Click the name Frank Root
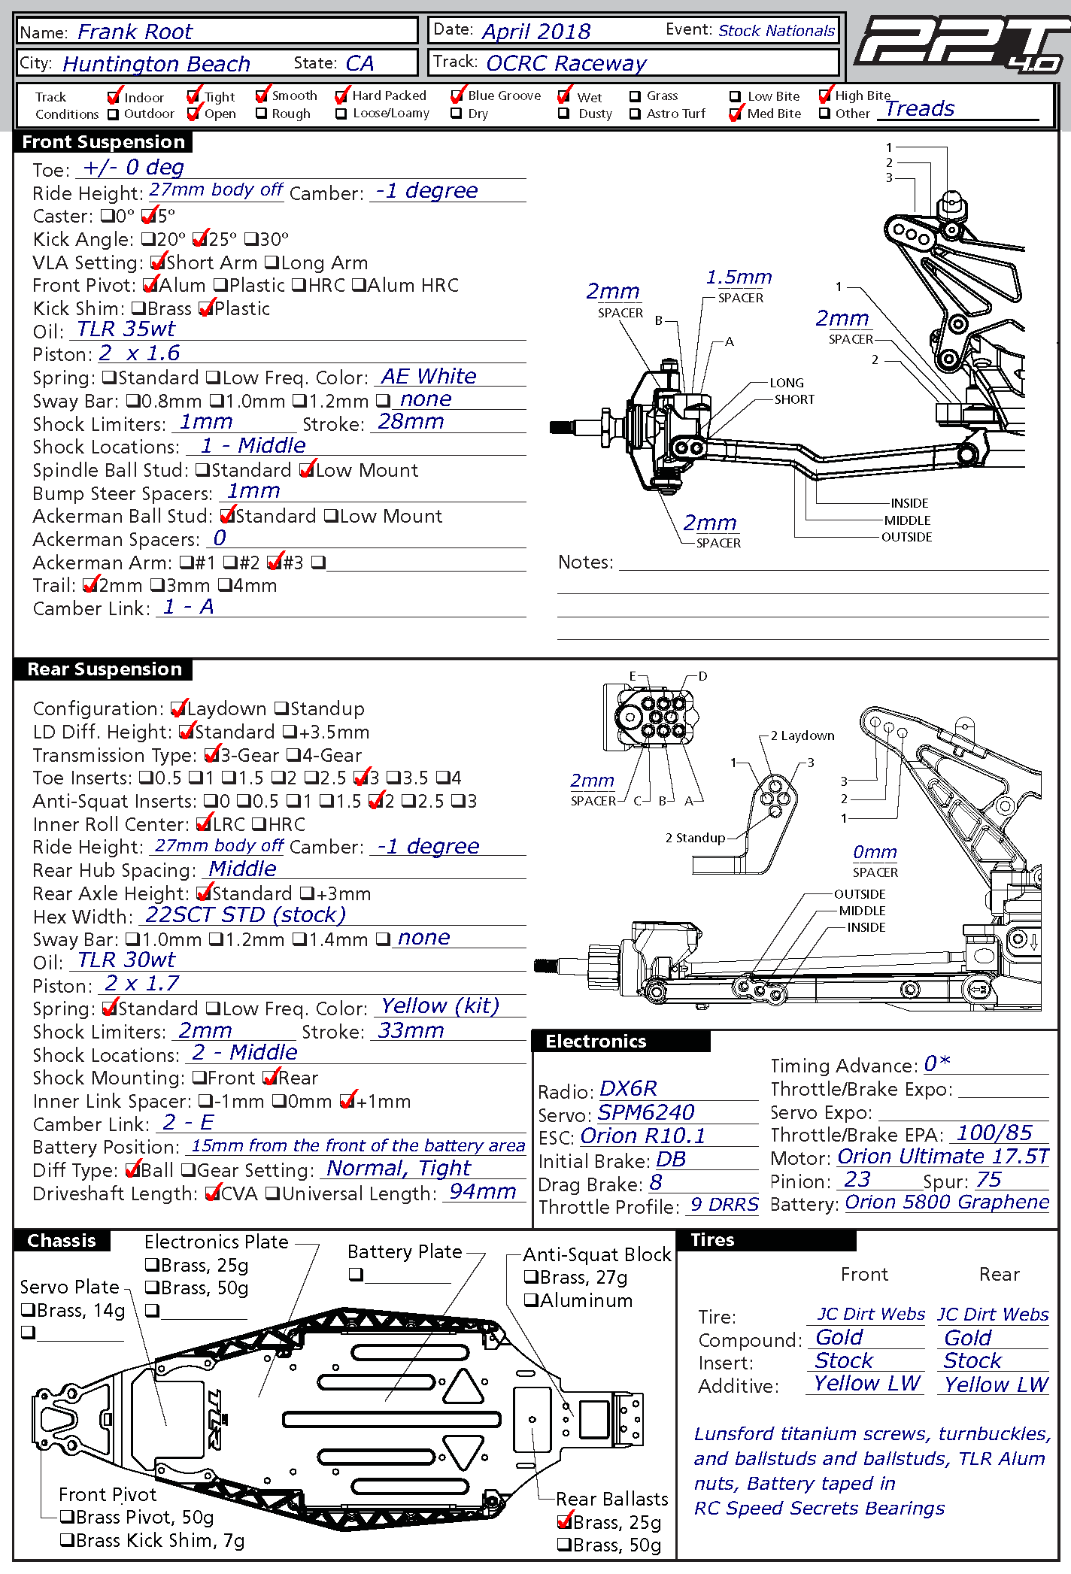coord(135,32)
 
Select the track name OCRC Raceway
coord(566,63)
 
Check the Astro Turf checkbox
coord(635,114)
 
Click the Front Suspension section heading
coord(104,142)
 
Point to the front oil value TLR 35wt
coord(126,329)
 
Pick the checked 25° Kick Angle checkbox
coord(199,240)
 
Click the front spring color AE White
coord(428,376)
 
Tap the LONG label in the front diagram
coord(786,383)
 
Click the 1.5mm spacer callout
coord(739,277)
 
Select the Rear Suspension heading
coord(105,669)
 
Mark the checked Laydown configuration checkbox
coord(177,709)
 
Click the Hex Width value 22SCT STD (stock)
coord(245,915)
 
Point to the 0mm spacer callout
coord(875,852)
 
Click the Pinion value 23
coord(857,1179)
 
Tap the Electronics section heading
coord(596,1042)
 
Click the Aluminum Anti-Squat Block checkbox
coord(530,1300)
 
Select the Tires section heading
coord(712,1240)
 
